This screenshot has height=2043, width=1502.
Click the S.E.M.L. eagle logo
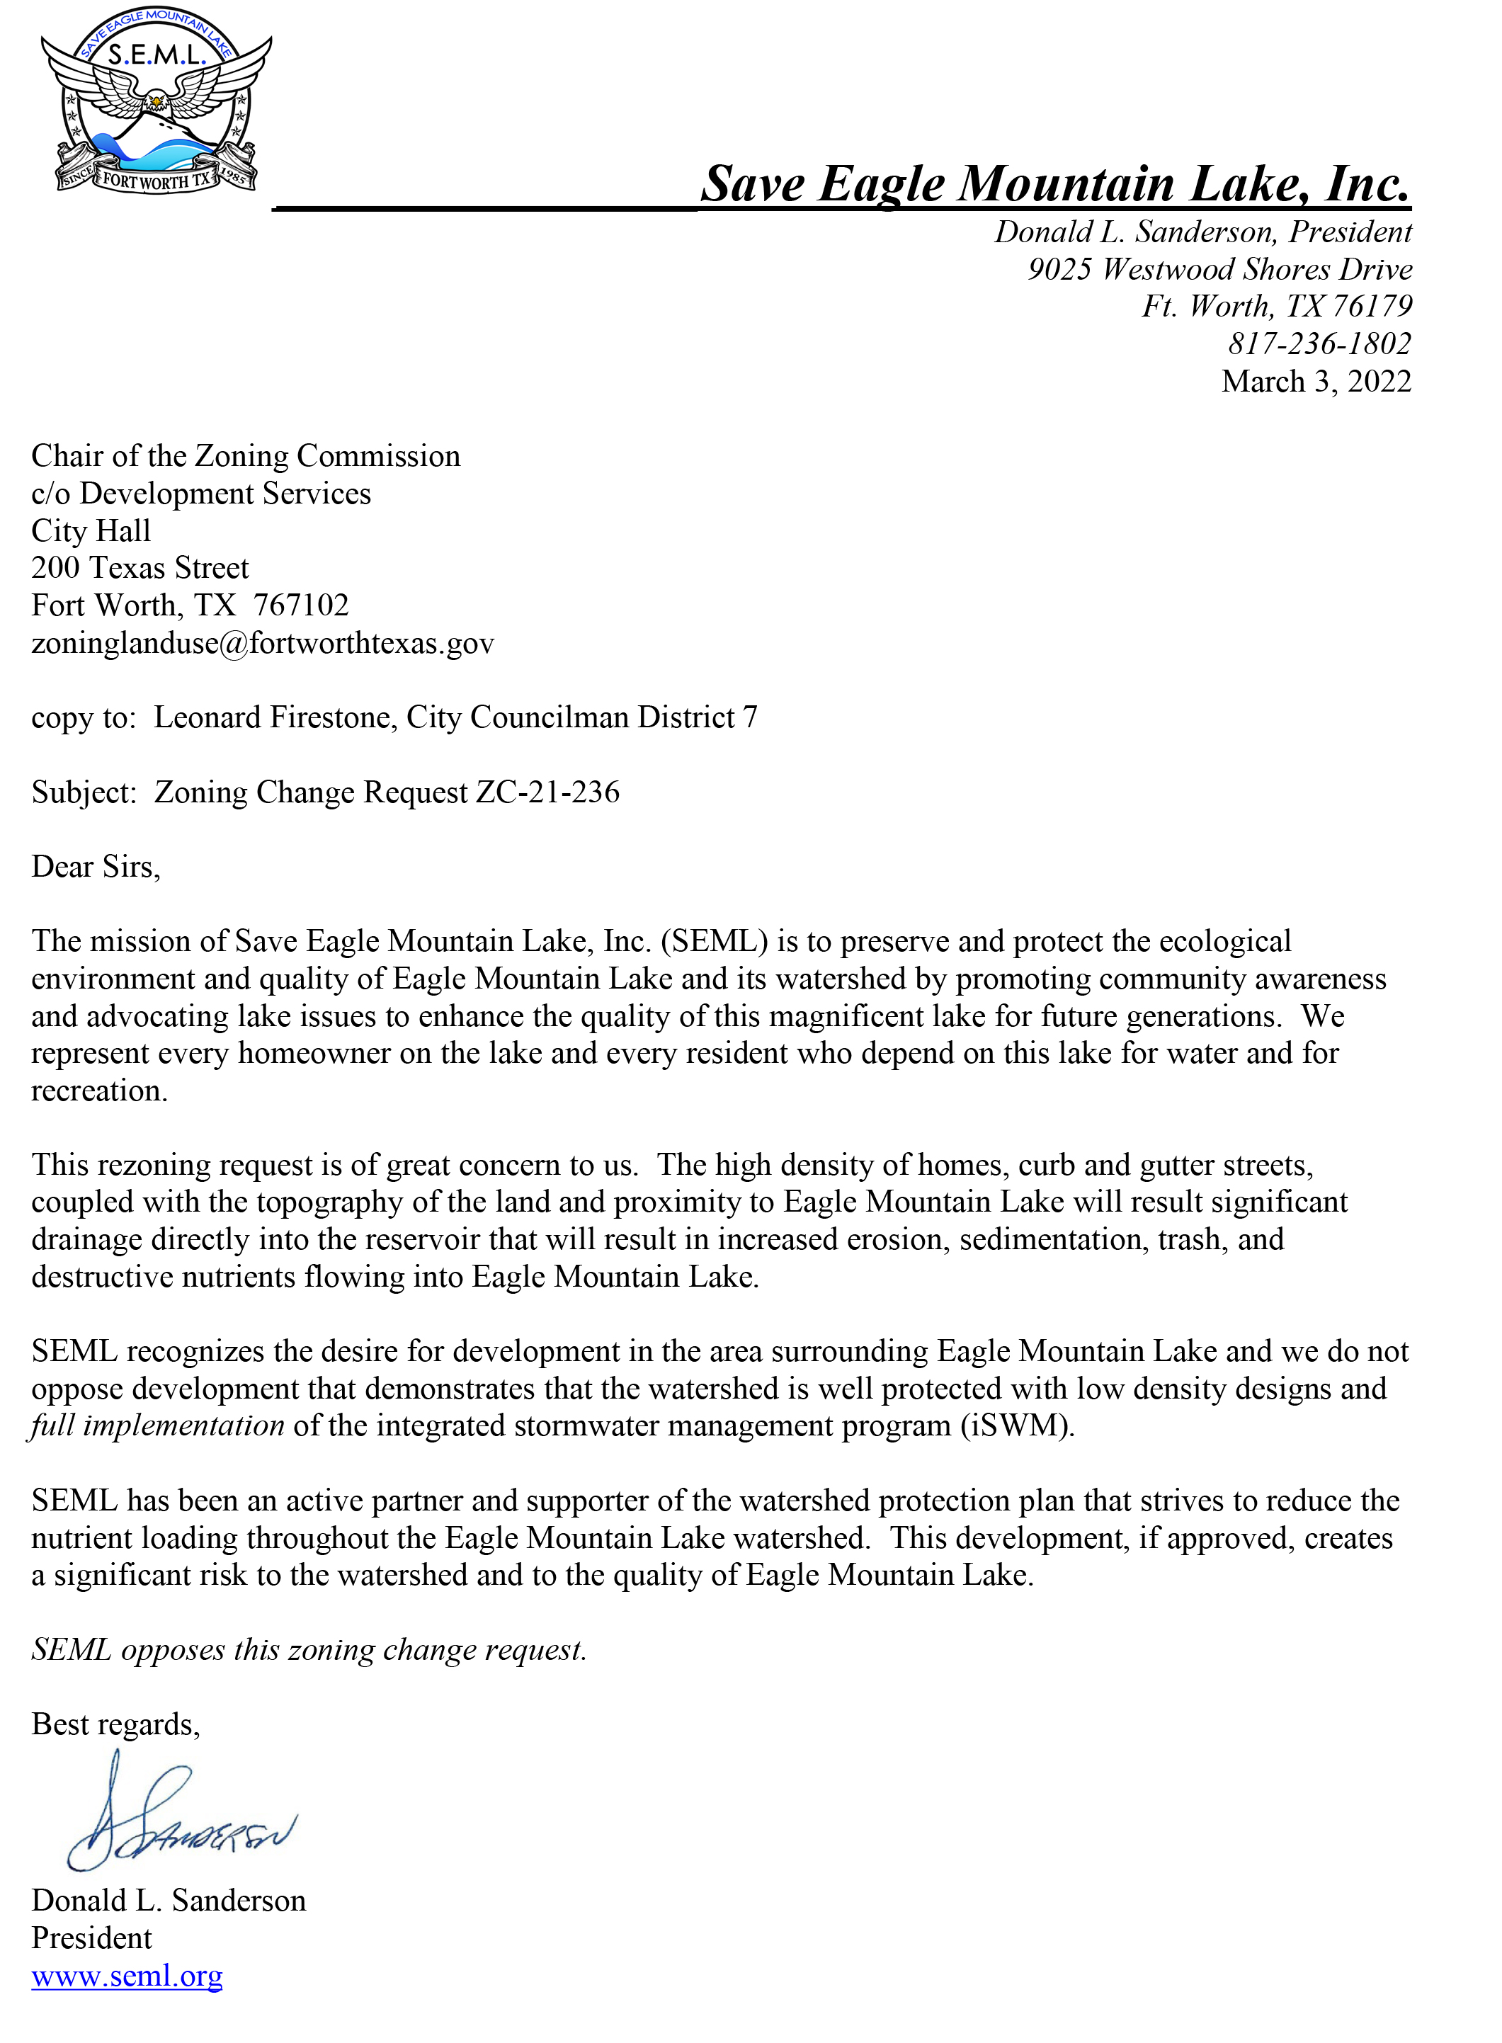click(x=157, y=102)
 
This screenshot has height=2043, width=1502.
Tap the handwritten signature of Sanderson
click(x=182, y=1819)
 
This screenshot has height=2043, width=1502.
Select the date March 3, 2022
click(x=1316, y=381)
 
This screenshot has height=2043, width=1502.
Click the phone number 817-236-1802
click(x=1319, y=343)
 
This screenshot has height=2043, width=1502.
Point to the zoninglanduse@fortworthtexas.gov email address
click(x=263, y=643)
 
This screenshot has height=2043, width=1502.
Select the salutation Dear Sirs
click(x=96, y=867)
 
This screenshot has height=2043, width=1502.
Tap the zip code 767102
click(x=301, y=605)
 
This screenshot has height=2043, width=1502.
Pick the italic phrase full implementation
click(x=157, y=1425)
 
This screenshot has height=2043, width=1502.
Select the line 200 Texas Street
click(x=140, y=568)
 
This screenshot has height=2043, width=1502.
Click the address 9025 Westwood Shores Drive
click(x=1219, y=269)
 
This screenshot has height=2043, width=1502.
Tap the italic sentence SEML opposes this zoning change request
click(x=309, y=1649)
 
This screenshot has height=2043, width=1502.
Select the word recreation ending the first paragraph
click(x=98, y=1090)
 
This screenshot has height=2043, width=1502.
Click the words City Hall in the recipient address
click(x=91, y=531)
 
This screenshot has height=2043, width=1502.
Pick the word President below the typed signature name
click(x=92, y=1937)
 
